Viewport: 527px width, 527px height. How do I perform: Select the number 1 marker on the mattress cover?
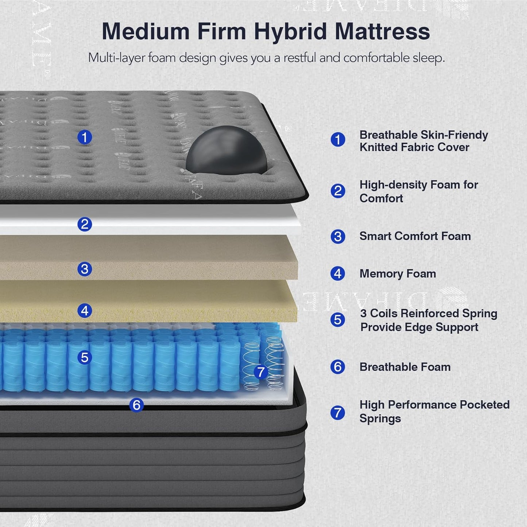click(85, 137)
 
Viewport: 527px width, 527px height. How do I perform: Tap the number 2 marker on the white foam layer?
click(85, 224)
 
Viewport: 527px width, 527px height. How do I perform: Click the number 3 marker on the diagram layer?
click(85, 269)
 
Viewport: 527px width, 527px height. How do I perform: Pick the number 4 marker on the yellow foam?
click(85, 311)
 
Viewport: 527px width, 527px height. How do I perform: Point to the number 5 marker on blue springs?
click(85, 357)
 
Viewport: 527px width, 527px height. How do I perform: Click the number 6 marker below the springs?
click(136, 405)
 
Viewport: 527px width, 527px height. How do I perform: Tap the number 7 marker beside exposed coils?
click(260, 372)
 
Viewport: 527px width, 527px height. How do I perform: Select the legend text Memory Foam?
click(398, 274)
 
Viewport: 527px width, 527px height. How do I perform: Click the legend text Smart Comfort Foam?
click(415, 236)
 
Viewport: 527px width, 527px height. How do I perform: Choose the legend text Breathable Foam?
click(405, 367)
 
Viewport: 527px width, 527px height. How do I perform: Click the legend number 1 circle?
click(338, 139)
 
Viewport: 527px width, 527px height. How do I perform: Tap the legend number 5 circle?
click(338, 320)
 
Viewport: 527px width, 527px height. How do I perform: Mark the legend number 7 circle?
click(338, 413)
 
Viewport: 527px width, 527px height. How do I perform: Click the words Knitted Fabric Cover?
click(414, 147)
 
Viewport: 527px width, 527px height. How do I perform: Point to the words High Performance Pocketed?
click(434, 405)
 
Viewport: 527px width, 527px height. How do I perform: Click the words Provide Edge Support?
click(419, 327)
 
